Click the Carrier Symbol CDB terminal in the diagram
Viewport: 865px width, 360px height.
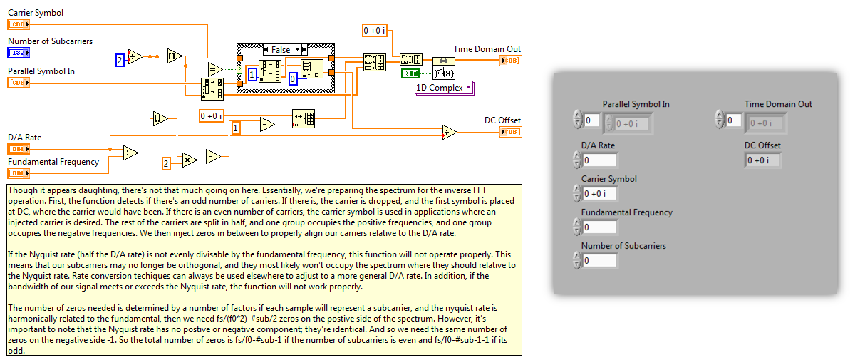point(19,24)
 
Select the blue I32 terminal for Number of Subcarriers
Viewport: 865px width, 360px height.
point(19,53)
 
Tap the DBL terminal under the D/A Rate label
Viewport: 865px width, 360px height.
point(19,149)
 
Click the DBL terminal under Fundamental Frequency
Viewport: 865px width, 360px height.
point(19,173)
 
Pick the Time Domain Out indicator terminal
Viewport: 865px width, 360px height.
point(510,61)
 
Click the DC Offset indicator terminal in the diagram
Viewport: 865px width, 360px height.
point(510,132)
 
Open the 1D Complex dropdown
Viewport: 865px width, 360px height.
point(444,88)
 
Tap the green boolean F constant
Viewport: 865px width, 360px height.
point(410,73)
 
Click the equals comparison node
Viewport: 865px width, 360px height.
point(214,69)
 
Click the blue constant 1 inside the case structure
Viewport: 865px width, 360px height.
point(252,73)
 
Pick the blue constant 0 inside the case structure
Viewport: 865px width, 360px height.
point(293,79)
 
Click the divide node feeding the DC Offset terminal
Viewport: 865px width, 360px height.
point(449,131)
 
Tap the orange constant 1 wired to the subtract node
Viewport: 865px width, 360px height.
point(237,127)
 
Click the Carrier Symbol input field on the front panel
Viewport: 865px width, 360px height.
point(599,193)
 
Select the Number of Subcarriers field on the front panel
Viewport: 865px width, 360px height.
point(599,261)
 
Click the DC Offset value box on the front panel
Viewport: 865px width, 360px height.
point(762,160)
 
